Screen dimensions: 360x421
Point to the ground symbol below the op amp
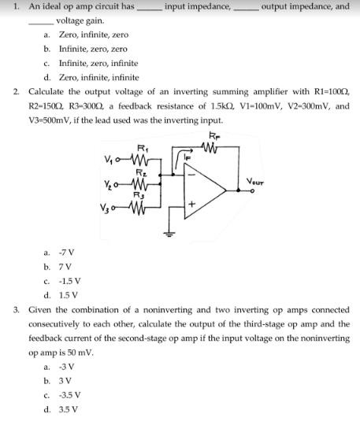point(168,231)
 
